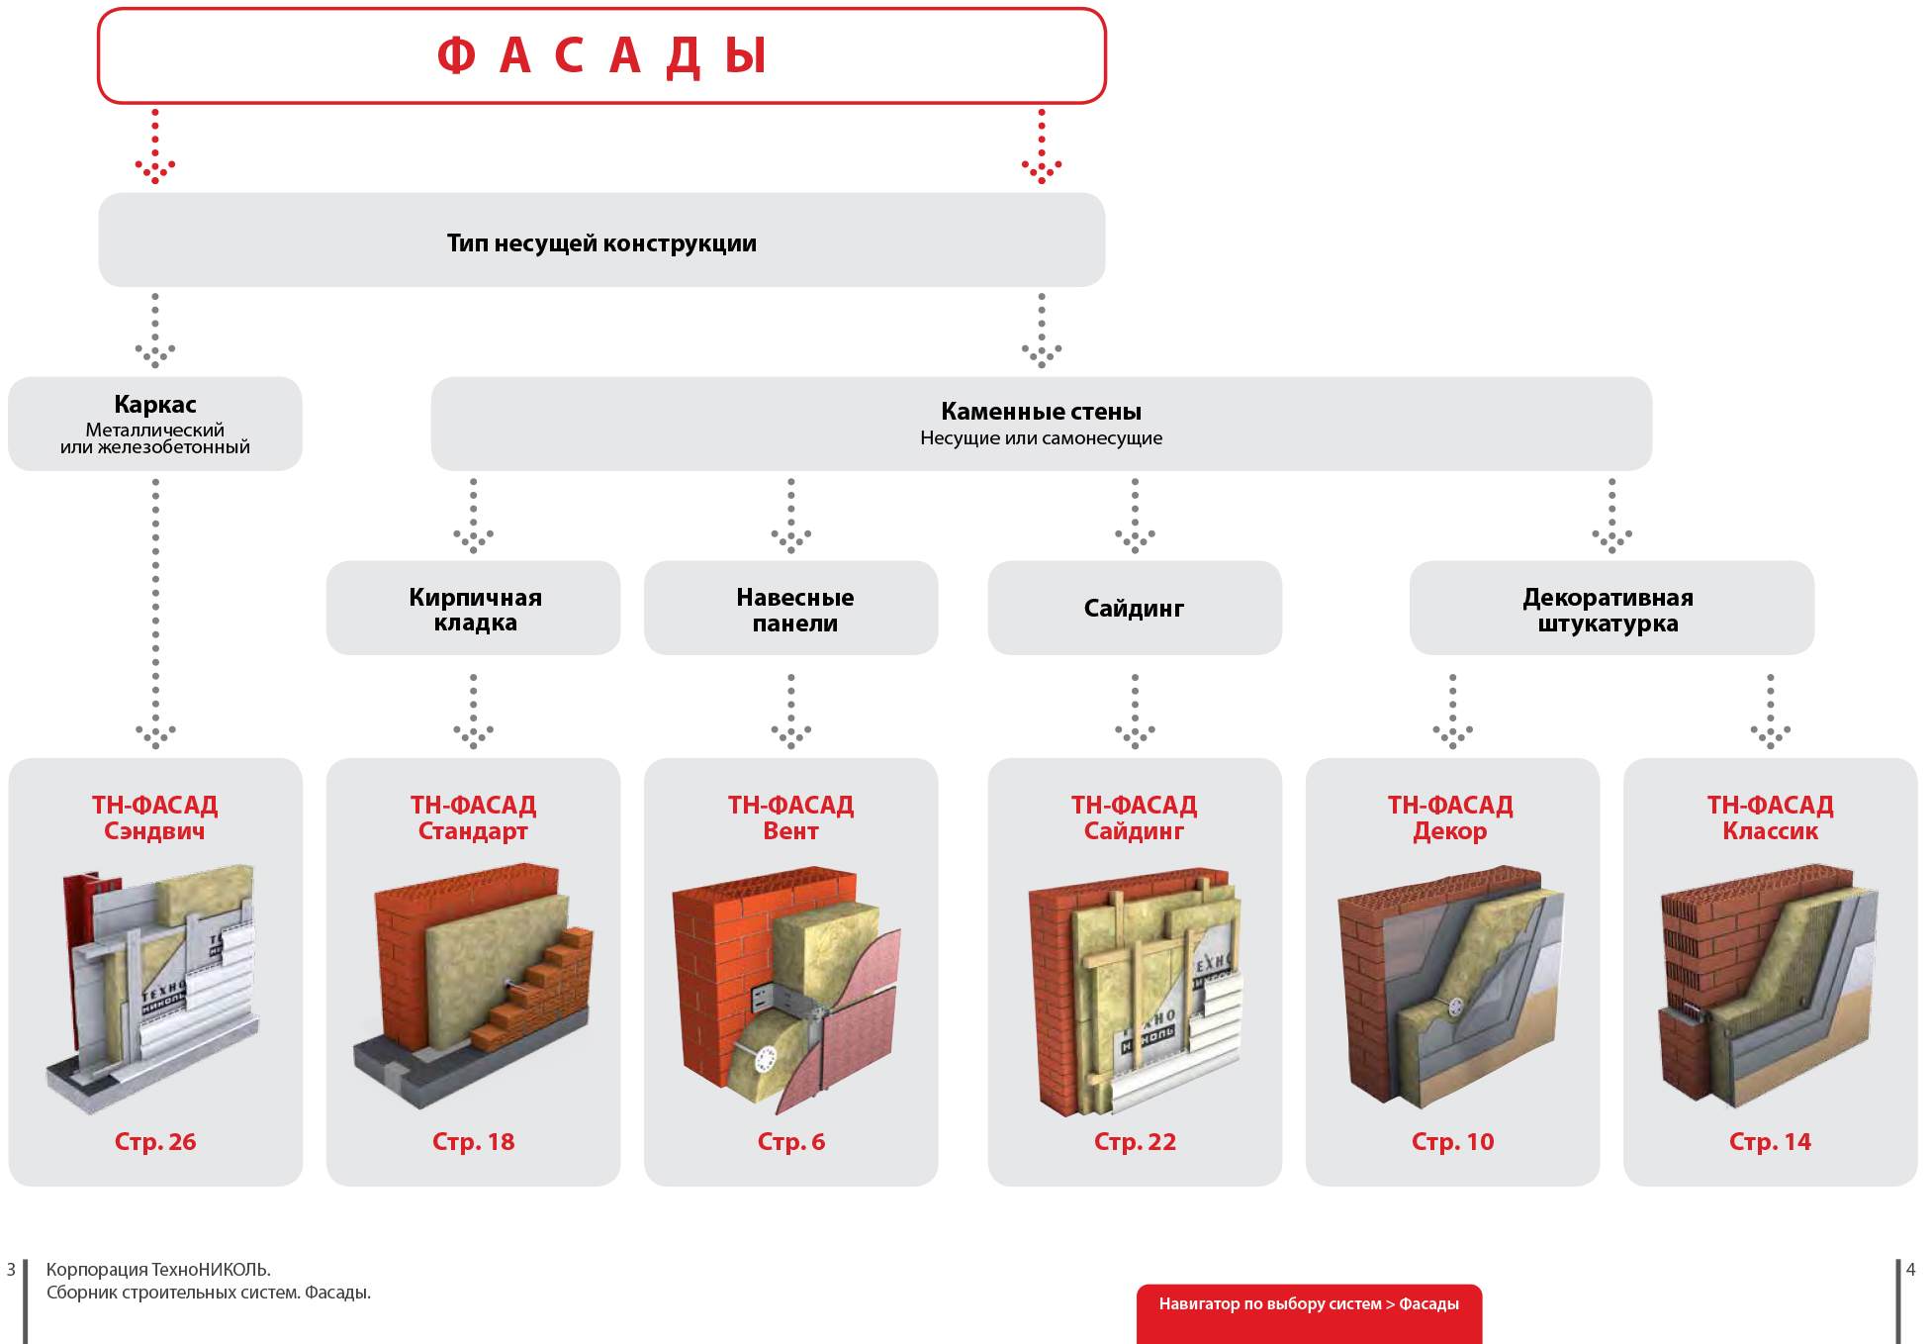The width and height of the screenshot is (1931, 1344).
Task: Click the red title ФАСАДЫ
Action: click(601, 55)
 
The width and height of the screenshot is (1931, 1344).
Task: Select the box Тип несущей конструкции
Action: click(601, 242)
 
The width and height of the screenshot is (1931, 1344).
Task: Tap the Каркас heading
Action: click(155, 405)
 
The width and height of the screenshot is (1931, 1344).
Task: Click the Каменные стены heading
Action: click(1041, 412)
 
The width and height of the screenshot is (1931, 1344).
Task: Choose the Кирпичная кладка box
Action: click(474, 609)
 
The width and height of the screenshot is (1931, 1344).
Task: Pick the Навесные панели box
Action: click(791, 609)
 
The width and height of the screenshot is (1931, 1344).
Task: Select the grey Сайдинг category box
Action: click(1134, 609)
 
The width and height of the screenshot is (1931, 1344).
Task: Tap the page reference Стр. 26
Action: click(155, 1141)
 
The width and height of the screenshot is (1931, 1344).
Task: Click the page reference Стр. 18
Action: click(474, 1141)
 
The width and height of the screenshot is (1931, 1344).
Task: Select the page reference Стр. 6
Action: click(791, 1141)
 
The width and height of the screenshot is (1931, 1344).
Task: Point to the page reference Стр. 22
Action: click(1135, 1141)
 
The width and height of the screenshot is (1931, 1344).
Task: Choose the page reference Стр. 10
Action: click(1452, 1141)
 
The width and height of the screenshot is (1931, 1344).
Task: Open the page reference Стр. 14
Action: click(1770, 1141)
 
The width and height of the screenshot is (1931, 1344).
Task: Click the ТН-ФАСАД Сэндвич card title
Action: click(155, 817)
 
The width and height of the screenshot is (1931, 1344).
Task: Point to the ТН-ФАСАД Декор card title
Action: click(1450, 817)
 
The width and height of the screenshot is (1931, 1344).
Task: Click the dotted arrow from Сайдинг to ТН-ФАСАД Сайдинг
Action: click(1135, 710)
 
